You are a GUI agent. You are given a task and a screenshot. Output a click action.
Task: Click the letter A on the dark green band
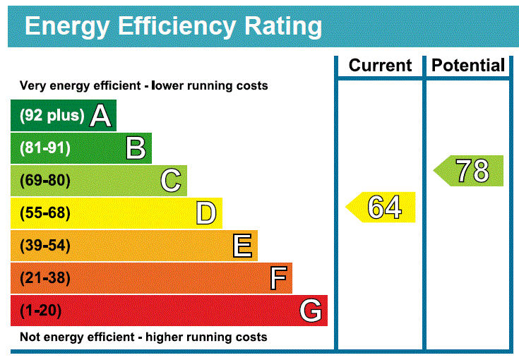point(101,116)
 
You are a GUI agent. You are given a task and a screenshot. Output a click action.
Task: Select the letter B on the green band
point(136,148)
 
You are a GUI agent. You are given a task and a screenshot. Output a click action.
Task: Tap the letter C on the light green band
point(171,181)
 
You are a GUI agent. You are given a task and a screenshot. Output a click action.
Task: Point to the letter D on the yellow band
point(206,213)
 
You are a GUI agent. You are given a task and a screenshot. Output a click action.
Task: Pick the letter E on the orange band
point(241,246)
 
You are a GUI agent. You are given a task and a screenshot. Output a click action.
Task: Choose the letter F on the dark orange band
point(278,278)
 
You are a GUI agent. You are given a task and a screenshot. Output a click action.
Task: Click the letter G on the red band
point(311,311)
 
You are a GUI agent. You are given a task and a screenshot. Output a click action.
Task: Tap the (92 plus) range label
point(52,116)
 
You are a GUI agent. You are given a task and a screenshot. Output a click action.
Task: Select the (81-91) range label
point(45,148)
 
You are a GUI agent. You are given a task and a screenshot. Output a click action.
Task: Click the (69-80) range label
point(45,181)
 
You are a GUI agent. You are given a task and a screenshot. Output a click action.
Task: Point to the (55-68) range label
point(45,213)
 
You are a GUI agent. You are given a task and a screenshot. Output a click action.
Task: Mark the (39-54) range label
point(45,246)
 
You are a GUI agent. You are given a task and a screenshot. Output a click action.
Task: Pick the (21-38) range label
point(45,278)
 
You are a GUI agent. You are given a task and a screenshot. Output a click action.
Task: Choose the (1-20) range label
point(41,311)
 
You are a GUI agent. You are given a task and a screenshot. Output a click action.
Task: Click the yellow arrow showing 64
point(382,208)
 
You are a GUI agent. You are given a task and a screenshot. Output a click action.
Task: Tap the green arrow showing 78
point(470,171)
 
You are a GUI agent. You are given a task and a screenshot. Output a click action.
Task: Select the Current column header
point(380,66)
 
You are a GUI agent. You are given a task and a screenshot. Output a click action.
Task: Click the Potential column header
point(468,66)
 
